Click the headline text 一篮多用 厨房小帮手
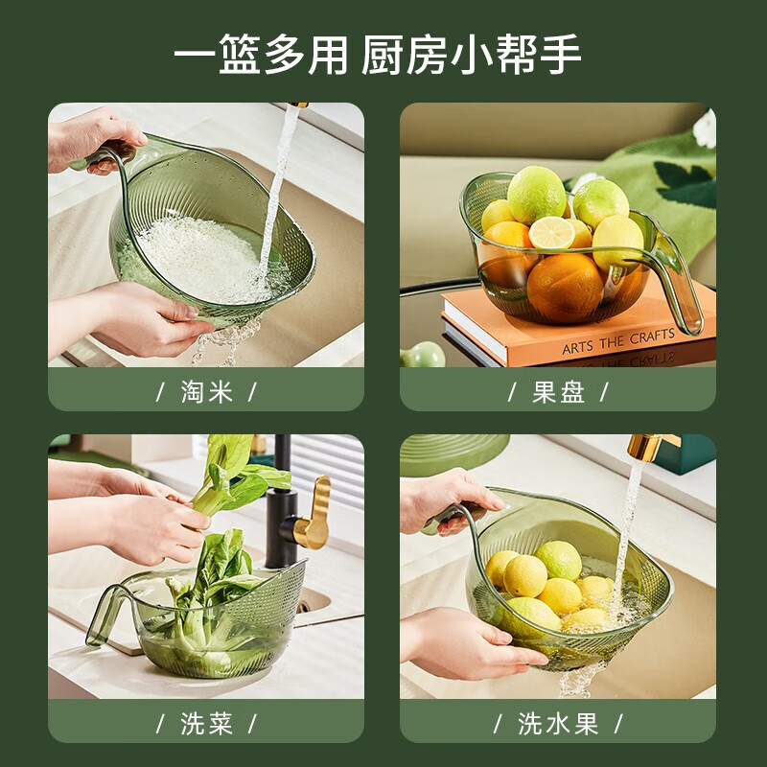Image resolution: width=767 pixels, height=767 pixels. tap(377, 55)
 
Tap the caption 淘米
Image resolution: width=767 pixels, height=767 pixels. tap(206, 391)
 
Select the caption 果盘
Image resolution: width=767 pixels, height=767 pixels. tap(558, 391)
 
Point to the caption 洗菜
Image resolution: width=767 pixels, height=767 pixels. tap(206, 723)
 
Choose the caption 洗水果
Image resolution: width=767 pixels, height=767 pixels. tap(558, 723)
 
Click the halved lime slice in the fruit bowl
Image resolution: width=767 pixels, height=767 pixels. tap(551, 233)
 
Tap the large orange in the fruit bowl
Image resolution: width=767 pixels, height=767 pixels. tap(565, 287)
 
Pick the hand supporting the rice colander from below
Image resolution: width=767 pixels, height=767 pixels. tap(144, 316)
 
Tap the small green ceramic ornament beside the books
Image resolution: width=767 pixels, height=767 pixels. tap(423, 356)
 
